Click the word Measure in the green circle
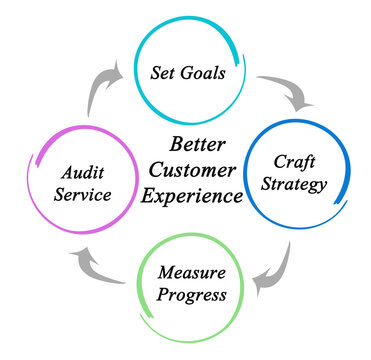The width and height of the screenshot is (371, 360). pyautogui.click(x=191, y=273)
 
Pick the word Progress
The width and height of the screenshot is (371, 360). pyautogui.click(x=191, y=294)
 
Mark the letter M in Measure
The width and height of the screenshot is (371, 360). pyautogui.click(x=164, y=273)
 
